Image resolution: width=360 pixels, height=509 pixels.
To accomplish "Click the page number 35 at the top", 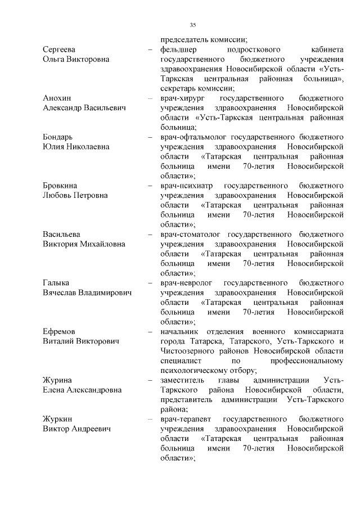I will pos(192,25).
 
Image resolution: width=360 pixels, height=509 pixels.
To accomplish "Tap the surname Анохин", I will pos(57,98).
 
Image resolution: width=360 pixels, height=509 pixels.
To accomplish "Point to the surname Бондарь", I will pos(58,137).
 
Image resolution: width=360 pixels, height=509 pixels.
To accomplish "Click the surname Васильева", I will pos(62,234).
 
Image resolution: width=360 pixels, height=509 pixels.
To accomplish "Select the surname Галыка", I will pos(56,282).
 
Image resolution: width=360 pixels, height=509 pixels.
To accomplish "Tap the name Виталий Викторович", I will pos(81,341).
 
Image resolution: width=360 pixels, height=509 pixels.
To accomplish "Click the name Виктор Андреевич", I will pos(76,429).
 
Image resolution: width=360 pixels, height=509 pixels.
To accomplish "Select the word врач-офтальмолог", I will pos(193,137).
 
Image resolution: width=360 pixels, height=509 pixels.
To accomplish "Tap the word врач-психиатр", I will pos(185,186).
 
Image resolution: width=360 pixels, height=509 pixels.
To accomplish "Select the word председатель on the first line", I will pos(184,39).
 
